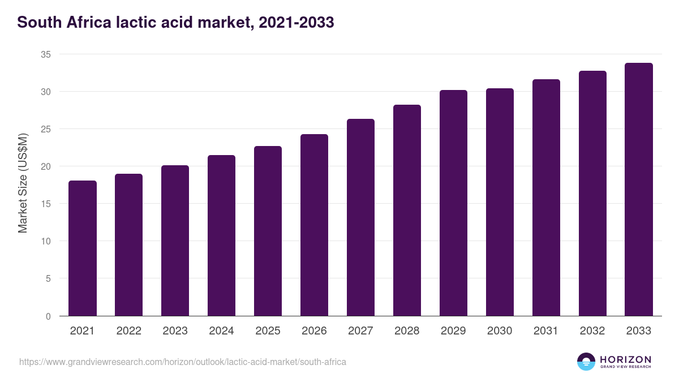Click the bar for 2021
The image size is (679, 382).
(83, 248)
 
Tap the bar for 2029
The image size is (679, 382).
(453, 203)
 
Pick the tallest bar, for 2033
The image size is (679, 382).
(639, 190)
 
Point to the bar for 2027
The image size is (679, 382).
(360, 217)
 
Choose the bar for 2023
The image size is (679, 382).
(175, 241)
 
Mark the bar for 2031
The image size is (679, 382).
(546, 198)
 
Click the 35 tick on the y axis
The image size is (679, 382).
(45, 54)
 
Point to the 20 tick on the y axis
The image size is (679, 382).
(45, 166)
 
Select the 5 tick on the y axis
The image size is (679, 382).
(48, 278)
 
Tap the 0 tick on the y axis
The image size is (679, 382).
(48, 316)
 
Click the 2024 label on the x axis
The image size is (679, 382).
(221, 331)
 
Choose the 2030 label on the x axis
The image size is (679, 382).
(500, 331)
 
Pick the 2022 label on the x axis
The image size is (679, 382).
(128, 331)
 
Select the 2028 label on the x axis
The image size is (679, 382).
(407, 331)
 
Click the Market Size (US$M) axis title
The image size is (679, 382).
(23, 183)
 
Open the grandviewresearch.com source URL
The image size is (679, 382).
(182, 362)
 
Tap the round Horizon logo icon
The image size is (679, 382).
(586, 362)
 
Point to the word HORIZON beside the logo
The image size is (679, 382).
(625, 359)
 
